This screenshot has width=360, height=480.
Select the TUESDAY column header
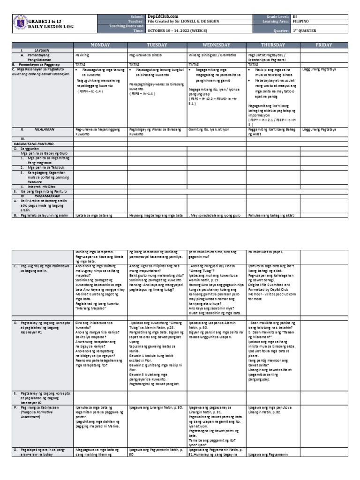coord(157,45)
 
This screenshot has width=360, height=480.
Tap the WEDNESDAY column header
coord(216,45)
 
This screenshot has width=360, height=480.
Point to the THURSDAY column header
coord(274,45)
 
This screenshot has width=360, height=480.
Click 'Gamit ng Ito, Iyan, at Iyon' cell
coord(210,128)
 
